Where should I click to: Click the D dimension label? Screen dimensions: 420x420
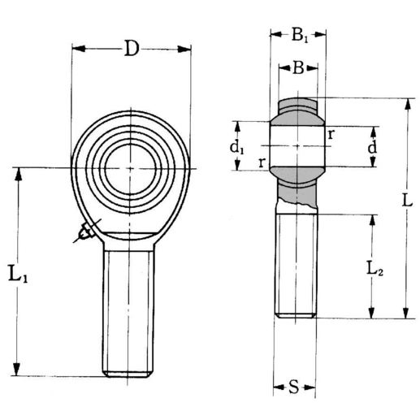click(x=131, y=49)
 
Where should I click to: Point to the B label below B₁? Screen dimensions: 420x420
click(x=298, y=68)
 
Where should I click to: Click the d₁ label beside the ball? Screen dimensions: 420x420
click(x=236, y=147)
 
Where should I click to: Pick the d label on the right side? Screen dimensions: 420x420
click(x=371, y=148)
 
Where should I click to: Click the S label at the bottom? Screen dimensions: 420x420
click(x=294, y=386)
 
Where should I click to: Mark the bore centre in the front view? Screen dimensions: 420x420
click(x=131, y=167)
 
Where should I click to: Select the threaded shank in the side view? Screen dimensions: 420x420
click(x=294, y=264)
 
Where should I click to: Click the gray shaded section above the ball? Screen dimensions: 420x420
click(x=299, y=106)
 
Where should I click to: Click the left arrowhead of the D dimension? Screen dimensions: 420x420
click(x=76, y=49)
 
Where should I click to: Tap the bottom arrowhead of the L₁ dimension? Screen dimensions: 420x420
click(x=18, y=373)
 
